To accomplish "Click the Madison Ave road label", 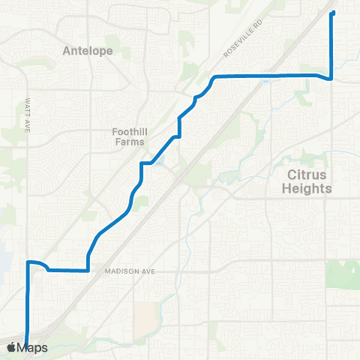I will click(129, 271).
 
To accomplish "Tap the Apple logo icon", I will click(11, 347).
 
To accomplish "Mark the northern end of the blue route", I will click(333, 13).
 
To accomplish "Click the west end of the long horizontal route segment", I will click(214, 77).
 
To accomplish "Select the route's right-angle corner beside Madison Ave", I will click(88, 270).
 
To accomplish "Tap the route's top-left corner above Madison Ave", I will click(28, 262).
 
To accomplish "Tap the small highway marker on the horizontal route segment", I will click(268, 82).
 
